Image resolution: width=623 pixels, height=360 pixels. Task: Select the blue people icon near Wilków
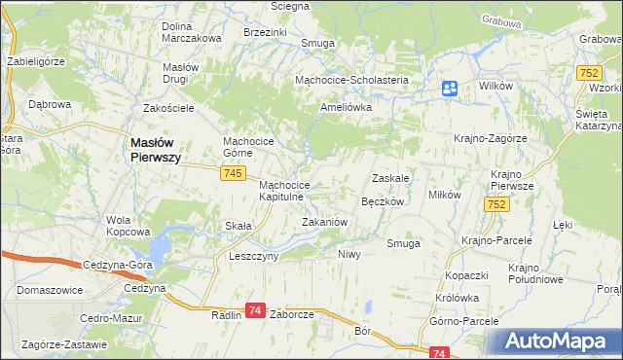pyautogui.click(x=449, y=89)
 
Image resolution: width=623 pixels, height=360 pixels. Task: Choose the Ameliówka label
pyautogui.click(x=347, y=108)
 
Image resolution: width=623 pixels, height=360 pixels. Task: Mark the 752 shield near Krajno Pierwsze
pyautogui.click(x=497, y=203)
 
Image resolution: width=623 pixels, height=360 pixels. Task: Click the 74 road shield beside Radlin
pyautogui.click(x=254, y=309)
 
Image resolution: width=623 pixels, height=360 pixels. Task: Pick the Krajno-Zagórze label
pyautogui.click(x=490, y=138)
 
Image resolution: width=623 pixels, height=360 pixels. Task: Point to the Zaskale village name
pyautogui.click(x=389, y=178)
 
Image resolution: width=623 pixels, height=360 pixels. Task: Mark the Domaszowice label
pyautogui.click(x=50, y=290)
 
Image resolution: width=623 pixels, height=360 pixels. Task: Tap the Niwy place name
pyautogui.click(x=348, y=254)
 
